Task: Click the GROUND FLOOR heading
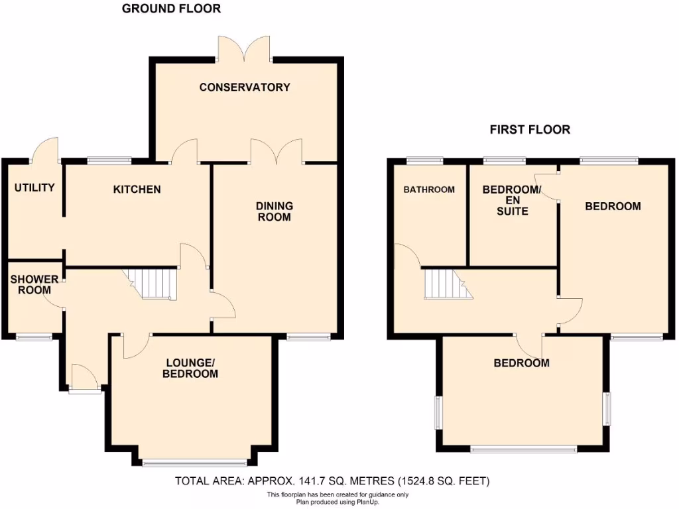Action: [172, 9]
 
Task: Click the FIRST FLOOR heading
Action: [530, 130]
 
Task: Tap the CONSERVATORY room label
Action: [245, 87]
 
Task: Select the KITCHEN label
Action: [137, 190]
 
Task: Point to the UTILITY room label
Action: [34, 188]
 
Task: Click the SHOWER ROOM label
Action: [34, 285]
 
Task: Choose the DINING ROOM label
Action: [275, 211]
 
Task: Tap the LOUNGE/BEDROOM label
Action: [192, 368]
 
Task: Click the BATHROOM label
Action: [430, 190]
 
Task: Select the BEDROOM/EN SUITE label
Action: [513, 200]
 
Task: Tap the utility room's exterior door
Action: [46, 150]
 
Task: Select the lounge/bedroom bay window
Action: [194, 463]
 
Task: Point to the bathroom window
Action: [425, 160]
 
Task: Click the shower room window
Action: [34, 337]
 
